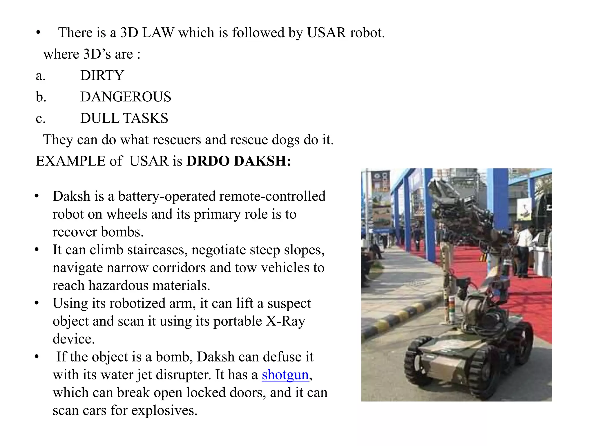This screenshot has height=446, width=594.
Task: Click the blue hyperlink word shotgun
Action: tap(285, 375)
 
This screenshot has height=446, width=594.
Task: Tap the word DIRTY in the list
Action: tap(102, 75)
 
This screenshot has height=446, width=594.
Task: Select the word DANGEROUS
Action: tap(126, 97)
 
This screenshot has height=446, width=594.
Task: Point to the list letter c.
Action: tap(40, 118)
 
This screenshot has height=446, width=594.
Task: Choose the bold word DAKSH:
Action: tap(262, 161)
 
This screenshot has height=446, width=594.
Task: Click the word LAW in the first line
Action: tap(158, 33)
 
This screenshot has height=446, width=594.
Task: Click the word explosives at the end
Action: tap(164, 410)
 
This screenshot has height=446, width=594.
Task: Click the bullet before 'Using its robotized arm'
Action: tap(37, 303)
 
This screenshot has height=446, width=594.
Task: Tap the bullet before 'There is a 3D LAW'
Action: tap(38, 33)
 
